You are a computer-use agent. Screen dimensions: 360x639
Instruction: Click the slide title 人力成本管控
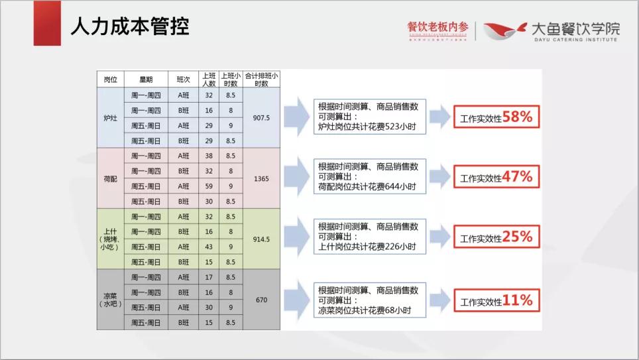tap(130, 27)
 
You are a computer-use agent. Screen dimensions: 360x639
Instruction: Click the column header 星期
tap(146, 80)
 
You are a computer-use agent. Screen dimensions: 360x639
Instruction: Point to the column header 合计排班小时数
tap(261, 80)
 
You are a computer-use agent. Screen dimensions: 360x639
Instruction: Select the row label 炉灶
tap(110, 117)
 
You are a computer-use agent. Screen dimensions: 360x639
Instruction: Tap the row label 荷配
tap(110, 178)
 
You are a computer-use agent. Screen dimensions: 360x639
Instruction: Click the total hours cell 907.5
tap(261, 117)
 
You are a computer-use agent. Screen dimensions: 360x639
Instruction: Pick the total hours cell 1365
tap(261, 178)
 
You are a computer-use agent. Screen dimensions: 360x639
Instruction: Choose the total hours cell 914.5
tap(261, 239)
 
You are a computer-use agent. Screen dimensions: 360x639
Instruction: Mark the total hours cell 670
tap(261, 300)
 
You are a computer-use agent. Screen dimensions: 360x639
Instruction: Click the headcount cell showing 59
tap(209, 186)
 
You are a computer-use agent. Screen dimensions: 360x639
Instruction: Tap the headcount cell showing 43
tap(209, 247)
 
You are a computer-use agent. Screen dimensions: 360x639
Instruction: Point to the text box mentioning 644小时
tap(369, 178)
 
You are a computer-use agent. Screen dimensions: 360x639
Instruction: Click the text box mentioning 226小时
tap(369, 237)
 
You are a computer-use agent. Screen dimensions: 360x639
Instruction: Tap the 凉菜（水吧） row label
tap(110, 300)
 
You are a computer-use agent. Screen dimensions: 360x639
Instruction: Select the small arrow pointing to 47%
tap(439, 178)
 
